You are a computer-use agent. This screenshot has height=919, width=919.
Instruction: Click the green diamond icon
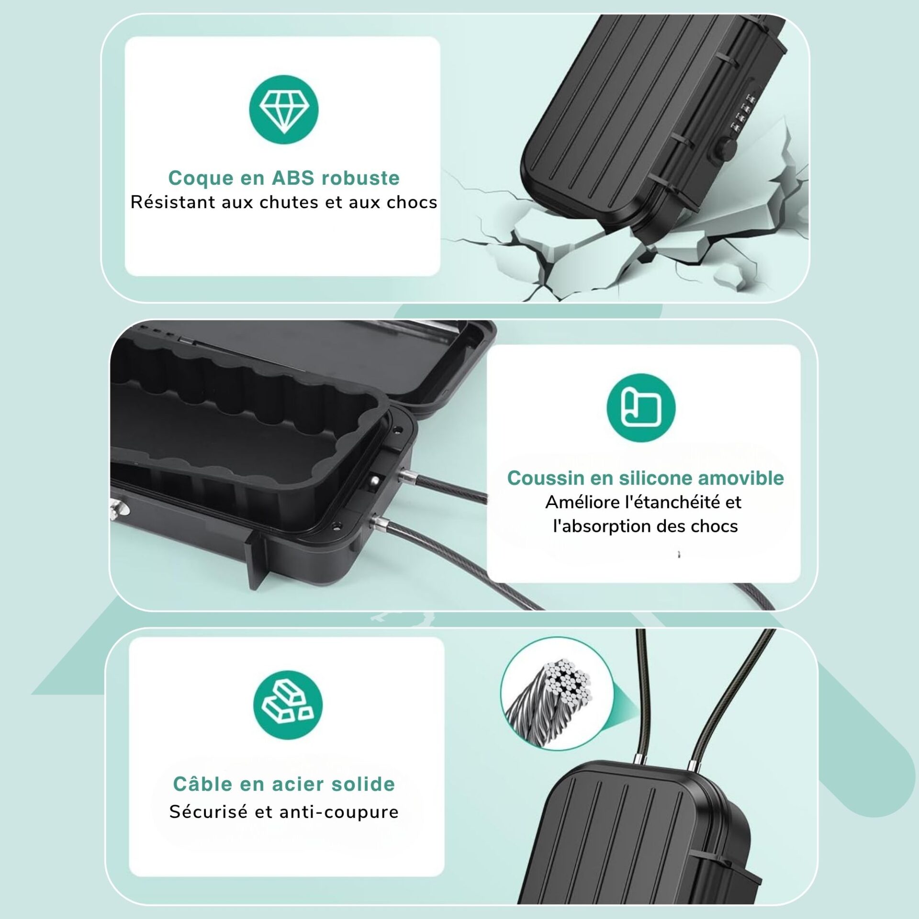(x=283, y=110)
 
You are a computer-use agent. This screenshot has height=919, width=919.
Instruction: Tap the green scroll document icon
(x=641, y=408)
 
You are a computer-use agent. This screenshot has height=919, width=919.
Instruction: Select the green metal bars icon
(x=288, y=705)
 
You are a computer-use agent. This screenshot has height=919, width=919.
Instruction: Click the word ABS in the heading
(x=292, y=178)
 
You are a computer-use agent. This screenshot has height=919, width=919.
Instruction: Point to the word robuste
(x=360, y=178)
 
